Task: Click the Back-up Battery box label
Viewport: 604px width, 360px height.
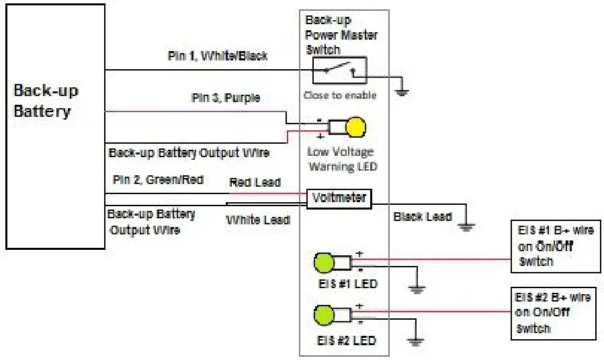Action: coord(42,101)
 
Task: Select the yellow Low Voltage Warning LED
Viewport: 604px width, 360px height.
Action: coord(355,127)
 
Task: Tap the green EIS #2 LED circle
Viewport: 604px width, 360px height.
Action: coord(324,314)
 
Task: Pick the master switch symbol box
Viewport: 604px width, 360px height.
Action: coord(339,69)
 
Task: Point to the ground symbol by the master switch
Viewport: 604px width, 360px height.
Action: coord(402,91)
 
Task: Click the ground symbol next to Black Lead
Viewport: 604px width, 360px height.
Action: coord(465,226)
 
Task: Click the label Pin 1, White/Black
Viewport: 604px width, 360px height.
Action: coord(217,56)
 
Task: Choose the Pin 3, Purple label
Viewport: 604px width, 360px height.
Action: coord(225,98)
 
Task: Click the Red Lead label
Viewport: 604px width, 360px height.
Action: coord(255,182)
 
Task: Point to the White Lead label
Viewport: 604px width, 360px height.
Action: coord(257,220)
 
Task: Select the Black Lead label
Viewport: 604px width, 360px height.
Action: coord(423,216)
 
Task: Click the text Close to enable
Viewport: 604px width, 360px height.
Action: coord(339,95)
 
